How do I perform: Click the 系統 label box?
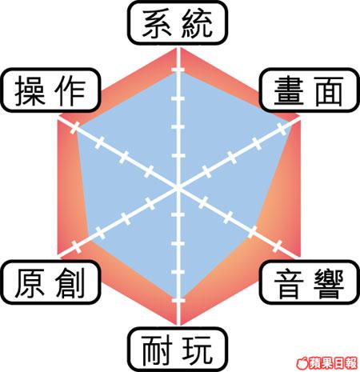point(178,23)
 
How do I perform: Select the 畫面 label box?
point(310,90)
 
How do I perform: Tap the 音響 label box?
point(310,282)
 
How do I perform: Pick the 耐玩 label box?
point(178,350)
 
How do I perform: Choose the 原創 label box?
point(50,282)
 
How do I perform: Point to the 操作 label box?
point(50,90)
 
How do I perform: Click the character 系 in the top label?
point(157,23)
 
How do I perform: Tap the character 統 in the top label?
point(198,23)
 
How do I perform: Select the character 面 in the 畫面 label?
point(329,91)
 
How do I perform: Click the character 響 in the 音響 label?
point(329,283)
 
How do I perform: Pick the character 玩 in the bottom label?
point(198,350)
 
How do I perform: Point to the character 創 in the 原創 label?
point(70,283)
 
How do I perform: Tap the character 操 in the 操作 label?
point(30,91)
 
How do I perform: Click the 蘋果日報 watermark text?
point(334,363)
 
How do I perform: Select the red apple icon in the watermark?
point(303,363)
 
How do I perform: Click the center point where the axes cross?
point(178,188)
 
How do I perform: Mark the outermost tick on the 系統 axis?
point(178,70)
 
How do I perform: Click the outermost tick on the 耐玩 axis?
point(178,301)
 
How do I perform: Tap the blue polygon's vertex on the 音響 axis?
point(252,231)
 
